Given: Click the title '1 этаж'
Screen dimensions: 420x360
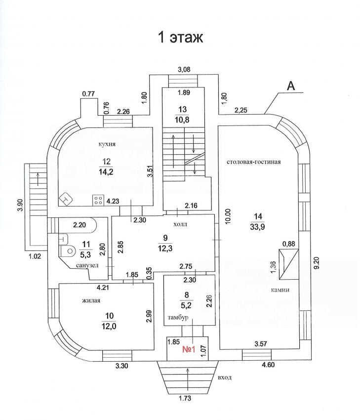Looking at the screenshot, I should [x=180, y=38].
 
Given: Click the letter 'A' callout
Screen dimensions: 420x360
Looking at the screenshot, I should [x=291, y=86].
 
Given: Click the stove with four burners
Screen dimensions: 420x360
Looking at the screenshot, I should [x=97, y=201].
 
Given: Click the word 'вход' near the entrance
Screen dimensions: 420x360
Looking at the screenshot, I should [x=224, y=378].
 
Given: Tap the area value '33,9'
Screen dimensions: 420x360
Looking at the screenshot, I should [x=258, y=228].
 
